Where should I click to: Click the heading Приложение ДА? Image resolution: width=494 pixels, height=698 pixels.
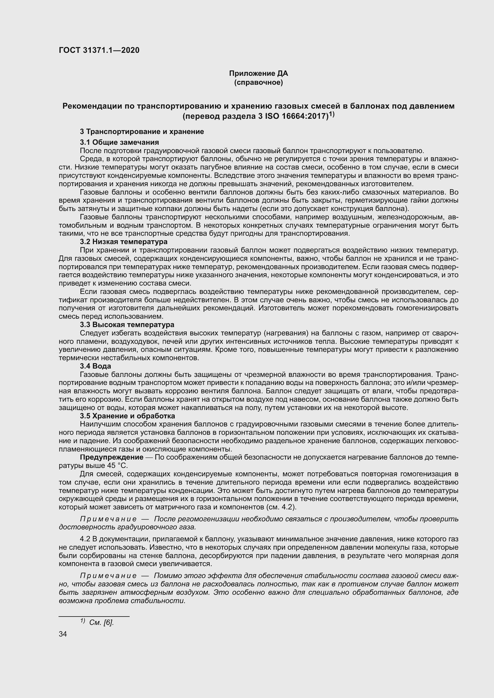pyautogui.click(x=258, y=73)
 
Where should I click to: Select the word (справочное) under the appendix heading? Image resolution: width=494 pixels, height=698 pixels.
pyautogui.click(x=258, y=83)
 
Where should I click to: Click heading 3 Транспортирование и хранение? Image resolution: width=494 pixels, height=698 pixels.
pyautogui.click(x=142, y=132)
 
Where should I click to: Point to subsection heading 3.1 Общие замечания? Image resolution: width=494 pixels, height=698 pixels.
pyautogui.click(x=119, y=142)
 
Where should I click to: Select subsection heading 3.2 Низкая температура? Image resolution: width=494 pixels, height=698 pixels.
pyautogui.click(x=124, y=242)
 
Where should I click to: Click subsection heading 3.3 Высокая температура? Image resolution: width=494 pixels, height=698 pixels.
pyautogui.click(x=127, y=325)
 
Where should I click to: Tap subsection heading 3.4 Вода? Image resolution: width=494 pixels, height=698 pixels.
pyautogui.click(x=95, y=366)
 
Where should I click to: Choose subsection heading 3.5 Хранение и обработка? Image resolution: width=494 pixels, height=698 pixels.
pyautogui.click(x=127, y=416)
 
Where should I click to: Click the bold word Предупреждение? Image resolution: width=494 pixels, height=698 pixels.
pyautogui.click(x=111, y=457)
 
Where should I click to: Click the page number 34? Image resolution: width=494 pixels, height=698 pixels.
pyautogui.click(x=63, y=634)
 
